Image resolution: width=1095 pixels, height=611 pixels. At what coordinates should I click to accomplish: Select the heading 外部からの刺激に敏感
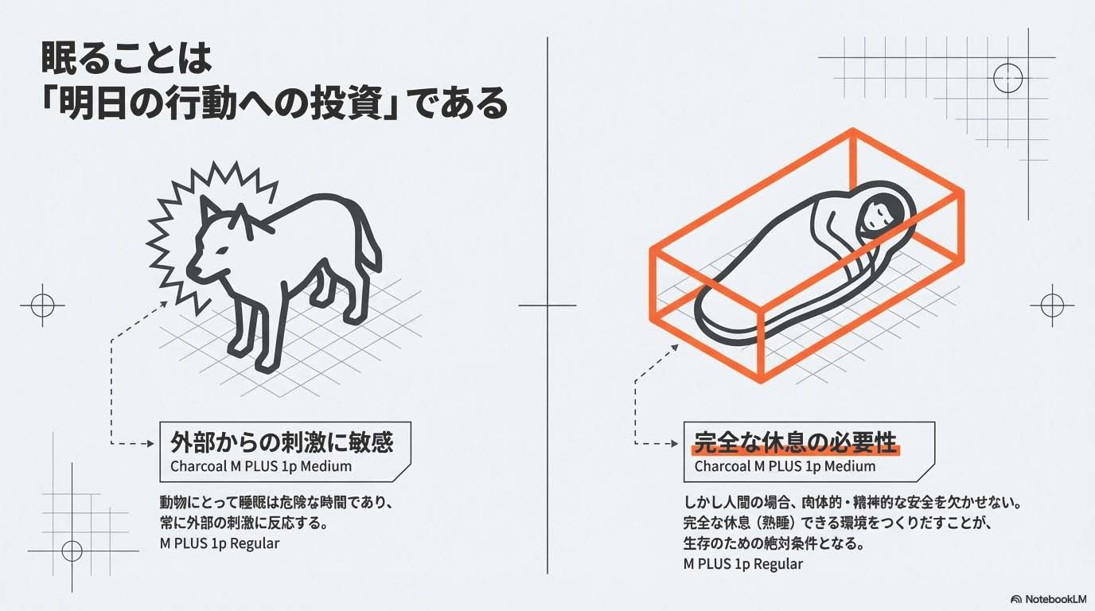coord(282,442)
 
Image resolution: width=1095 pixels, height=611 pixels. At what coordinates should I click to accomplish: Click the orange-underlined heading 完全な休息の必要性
coord(795,443)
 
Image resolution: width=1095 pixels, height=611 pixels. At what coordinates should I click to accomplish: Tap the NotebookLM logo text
coord(1056,599)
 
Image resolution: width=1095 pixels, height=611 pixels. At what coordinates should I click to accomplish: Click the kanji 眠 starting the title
coord(57,59)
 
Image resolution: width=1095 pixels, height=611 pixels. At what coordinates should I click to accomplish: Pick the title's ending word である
coord(456,103)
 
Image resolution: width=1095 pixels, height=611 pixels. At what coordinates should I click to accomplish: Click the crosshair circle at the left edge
coord(42,305)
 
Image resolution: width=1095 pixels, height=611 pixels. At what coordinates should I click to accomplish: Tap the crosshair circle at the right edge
coord(1052,305)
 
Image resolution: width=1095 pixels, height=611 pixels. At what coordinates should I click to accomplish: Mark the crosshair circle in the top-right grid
coord(1008,78)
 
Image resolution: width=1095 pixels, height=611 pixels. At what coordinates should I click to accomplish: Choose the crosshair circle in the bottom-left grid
coord(72,551)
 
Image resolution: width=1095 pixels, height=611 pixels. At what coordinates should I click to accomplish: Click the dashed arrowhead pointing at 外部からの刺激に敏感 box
coord(150,444)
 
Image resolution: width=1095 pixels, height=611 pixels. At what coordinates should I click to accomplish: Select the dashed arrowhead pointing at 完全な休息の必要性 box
coord(675,444)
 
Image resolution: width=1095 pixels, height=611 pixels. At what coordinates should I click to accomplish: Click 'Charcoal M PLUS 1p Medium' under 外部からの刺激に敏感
coord(261,466)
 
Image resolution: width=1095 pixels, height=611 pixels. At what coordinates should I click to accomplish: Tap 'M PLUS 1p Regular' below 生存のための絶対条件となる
coord(743,564)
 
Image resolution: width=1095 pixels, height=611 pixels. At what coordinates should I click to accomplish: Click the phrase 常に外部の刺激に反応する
coord(239,523)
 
